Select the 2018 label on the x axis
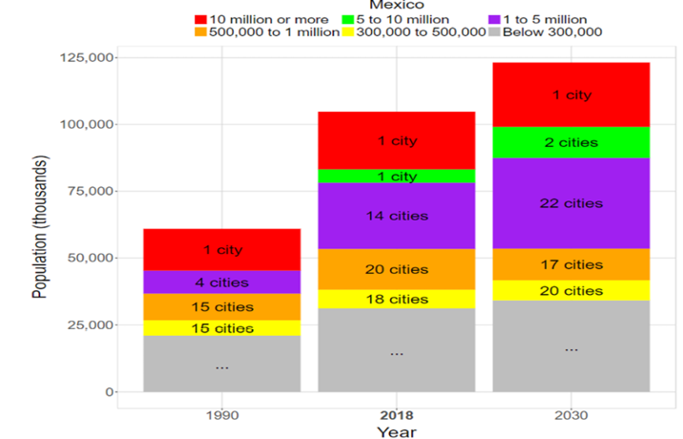(x=395, y=416)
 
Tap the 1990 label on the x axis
(x=221, y=416)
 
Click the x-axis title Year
(x=395, y=432)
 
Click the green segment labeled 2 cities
(x=571, y=142)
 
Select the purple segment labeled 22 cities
(x=571, y=203)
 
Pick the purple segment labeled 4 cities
(x=221, y=282)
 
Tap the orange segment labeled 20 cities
(x=396, y=269)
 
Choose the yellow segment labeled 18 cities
(x=396, y=299)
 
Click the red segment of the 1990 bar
(x=221, y=250)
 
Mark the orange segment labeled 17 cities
(x=571, y=264)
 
